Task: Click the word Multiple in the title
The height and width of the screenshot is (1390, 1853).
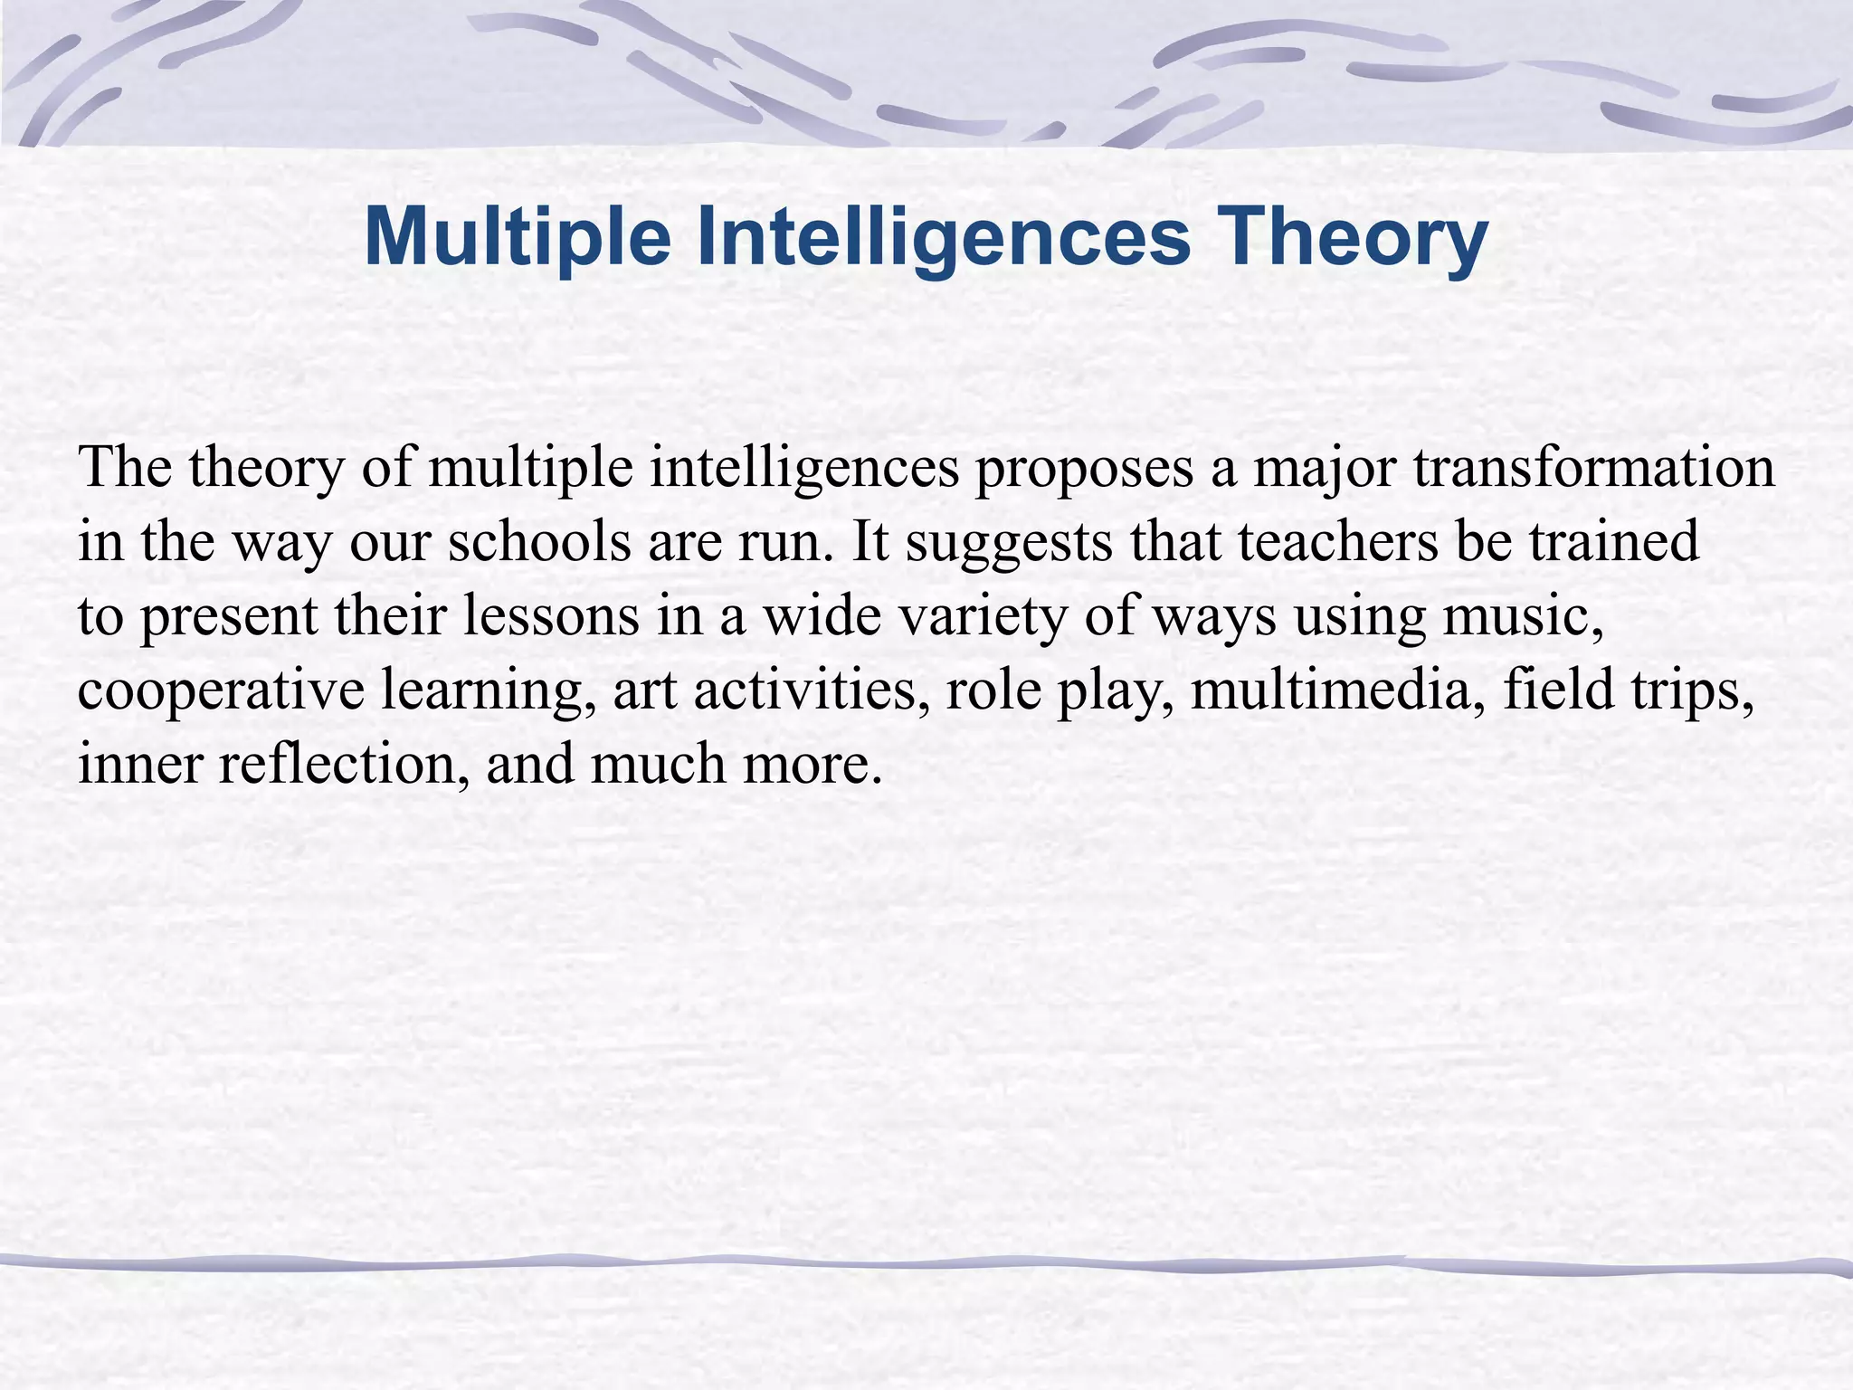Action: coord(517,237)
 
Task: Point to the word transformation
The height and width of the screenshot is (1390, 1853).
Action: coord(1593,468)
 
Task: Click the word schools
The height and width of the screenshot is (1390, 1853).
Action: coord(539,542)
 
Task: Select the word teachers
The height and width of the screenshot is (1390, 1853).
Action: coord(1338,542)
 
